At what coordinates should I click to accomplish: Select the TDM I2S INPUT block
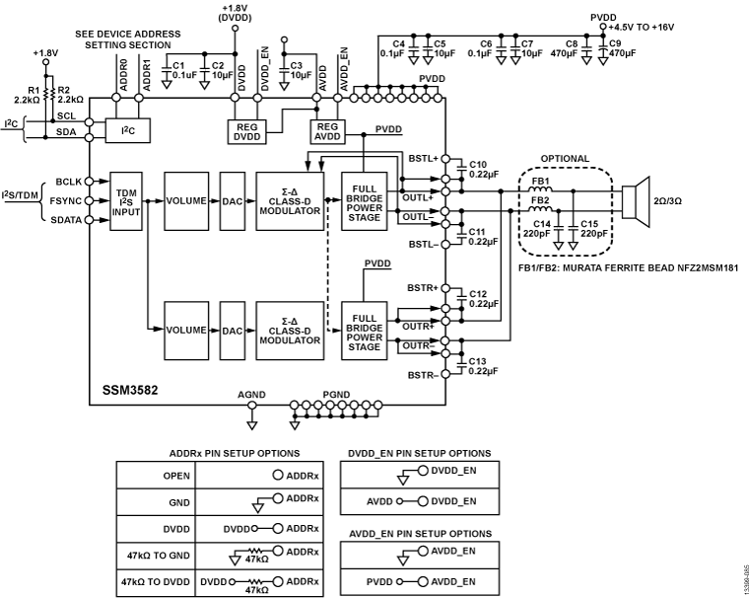tap(127, 200)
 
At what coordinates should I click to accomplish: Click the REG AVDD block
tap(325, 132)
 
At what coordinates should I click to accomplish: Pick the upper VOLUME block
tap(186, 200)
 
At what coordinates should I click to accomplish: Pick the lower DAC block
tap(232, 330)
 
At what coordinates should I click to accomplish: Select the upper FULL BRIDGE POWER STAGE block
tap(365, 200)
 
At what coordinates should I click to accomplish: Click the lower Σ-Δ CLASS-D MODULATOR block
tap(289, 330)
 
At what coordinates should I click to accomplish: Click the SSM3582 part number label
tap(129, 388)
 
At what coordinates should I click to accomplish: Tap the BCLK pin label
tap(67, 181)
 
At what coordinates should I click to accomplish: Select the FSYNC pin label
tap(66, 200)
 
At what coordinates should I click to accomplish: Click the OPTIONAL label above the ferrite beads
tap(566, 158)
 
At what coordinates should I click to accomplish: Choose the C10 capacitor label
tap(479, 163)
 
